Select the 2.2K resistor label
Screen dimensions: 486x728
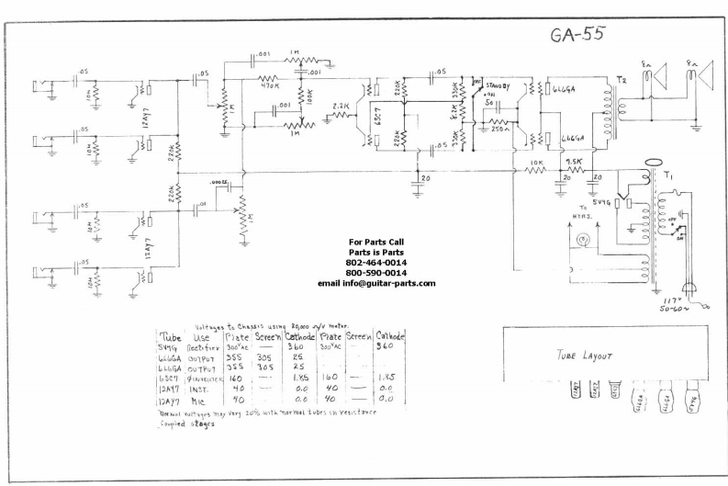tap(341, 107)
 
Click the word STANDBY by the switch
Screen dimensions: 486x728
tap(499, 86)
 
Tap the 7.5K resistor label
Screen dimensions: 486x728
tap(575, 163)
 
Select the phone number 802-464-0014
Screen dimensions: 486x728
tap(377, 263)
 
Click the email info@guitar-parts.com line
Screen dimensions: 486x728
tap(376, 283)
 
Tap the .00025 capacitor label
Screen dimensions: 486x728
tap(218, 183)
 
